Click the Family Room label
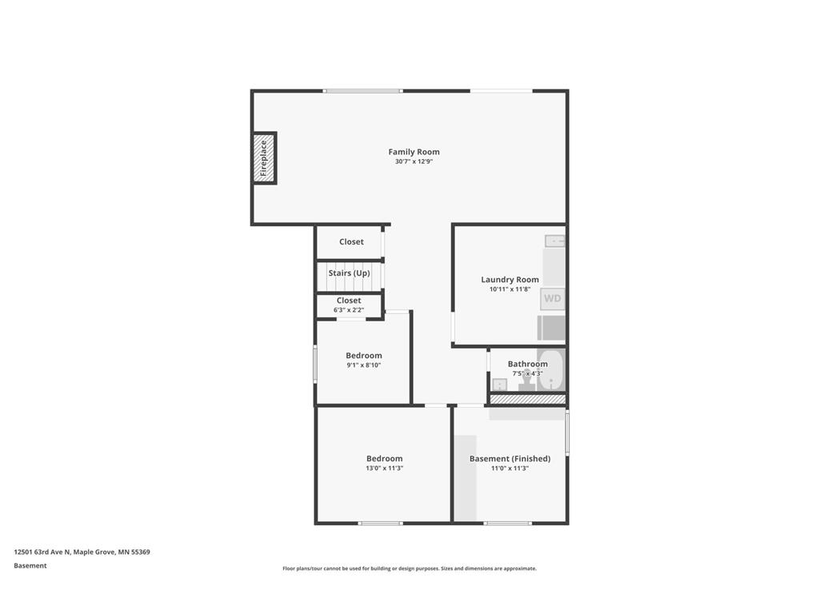(413, 152)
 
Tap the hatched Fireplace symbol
(264, 157)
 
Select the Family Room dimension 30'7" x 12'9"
(413, 161)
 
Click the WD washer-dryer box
(552, 299)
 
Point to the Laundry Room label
(509, 279)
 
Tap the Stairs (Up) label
(349, 273)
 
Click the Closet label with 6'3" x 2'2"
(349, 301)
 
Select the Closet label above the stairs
(352, 241)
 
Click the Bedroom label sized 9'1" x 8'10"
(364, 356)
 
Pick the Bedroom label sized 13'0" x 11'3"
(385, 458)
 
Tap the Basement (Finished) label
(509, 458)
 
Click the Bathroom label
(528, 364)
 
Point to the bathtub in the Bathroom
(551, 369)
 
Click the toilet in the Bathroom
(527, 380)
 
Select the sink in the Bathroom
(500, 385)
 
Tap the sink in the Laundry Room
(555, 241)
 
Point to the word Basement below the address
(30, 565)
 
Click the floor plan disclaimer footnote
(409, 568)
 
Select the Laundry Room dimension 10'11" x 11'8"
(509, 289)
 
